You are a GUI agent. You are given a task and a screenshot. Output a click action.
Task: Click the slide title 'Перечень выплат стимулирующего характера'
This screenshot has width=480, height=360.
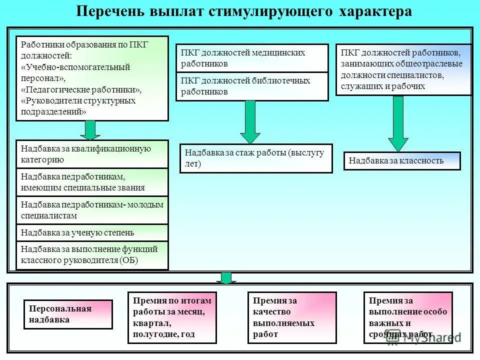pos(244,12)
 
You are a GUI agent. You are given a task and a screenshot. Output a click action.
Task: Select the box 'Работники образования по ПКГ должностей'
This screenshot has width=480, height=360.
pos(92,78)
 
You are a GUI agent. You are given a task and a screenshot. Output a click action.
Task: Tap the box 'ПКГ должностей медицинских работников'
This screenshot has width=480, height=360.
pos(252,58)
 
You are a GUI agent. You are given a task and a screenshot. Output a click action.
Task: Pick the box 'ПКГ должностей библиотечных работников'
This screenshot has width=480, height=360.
pos(252,86)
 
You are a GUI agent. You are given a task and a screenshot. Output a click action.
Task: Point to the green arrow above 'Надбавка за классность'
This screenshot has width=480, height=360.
pos(398,123)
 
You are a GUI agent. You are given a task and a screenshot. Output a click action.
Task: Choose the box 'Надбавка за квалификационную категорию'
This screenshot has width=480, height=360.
pos(92,154)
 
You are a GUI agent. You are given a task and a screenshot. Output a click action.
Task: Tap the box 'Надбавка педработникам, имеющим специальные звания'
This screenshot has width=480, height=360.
pos(92,182)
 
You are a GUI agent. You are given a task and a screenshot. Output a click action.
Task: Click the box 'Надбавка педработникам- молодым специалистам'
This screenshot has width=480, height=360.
pos(92,210)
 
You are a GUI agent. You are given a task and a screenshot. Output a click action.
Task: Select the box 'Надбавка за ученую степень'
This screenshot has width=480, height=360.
pos(92,232)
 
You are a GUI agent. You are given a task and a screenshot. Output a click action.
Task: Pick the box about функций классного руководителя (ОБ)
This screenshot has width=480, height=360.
pos(92,255)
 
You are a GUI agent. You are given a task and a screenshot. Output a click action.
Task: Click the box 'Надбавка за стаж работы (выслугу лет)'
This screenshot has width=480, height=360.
pos(255,158)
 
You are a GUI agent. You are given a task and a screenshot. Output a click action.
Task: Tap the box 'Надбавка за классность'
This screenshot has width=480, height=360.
pos(401,161)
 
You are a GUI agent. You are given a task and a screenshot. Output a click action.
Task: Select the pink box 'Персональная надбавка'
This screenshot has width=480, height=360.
pos(68,314)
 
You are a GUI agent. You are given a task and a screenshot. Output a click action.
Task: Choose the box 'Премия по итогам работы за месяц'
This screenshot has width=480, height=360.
pos(172,317)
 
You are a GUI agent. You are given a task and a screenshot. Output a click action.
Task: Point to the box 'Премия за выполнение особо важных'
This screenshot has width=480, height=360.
pos(408,317)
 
